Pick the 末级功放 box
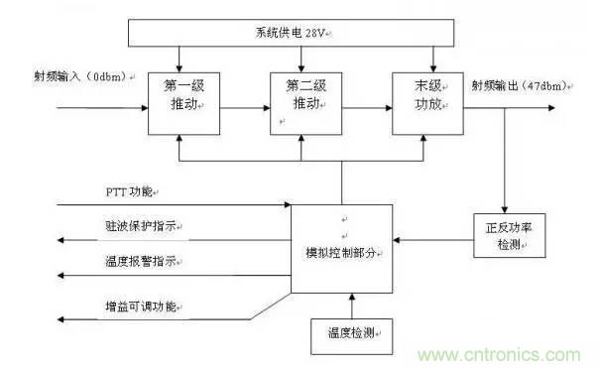pos(426,102)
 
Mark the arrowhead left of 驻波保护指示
pos(63,240)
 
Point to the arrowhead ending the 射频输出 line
pos(573,103)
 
